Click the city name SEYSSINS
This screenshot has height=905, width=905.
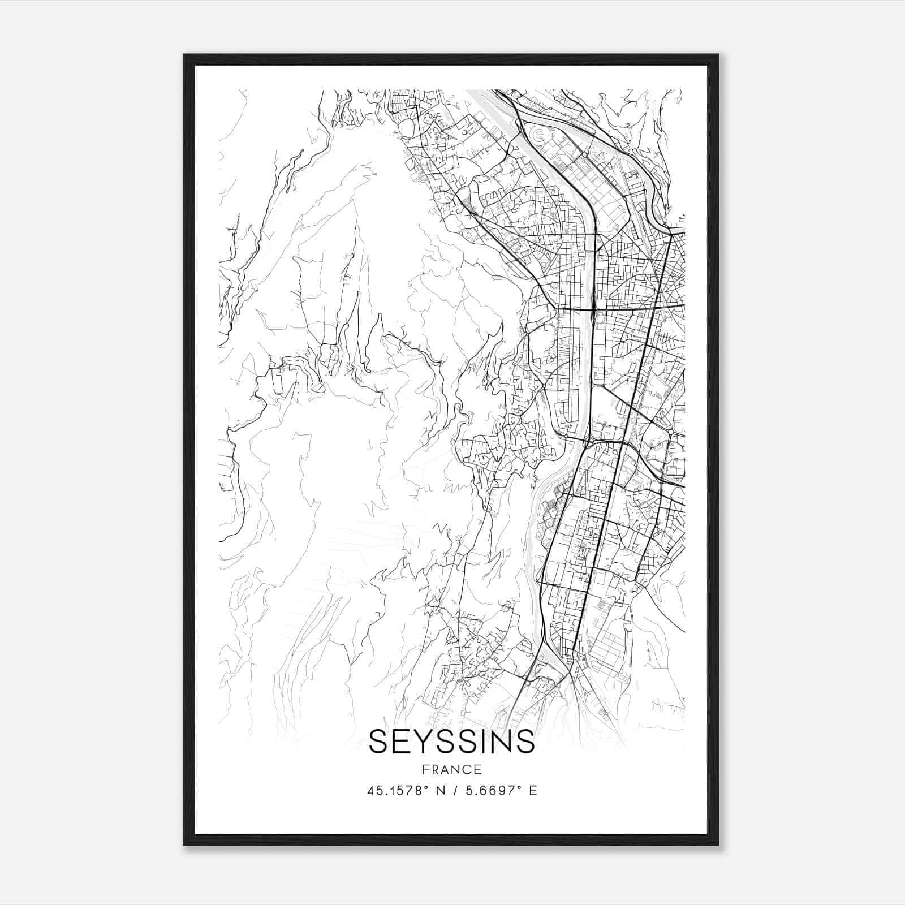coord(451,742)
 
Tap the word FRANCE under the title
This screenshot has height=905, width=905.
coord(451,770)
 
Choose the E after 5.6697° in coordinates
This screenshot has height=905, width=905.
coord(533,791)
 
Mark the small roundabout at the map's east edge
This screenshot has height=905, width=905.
coord(671,432)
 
